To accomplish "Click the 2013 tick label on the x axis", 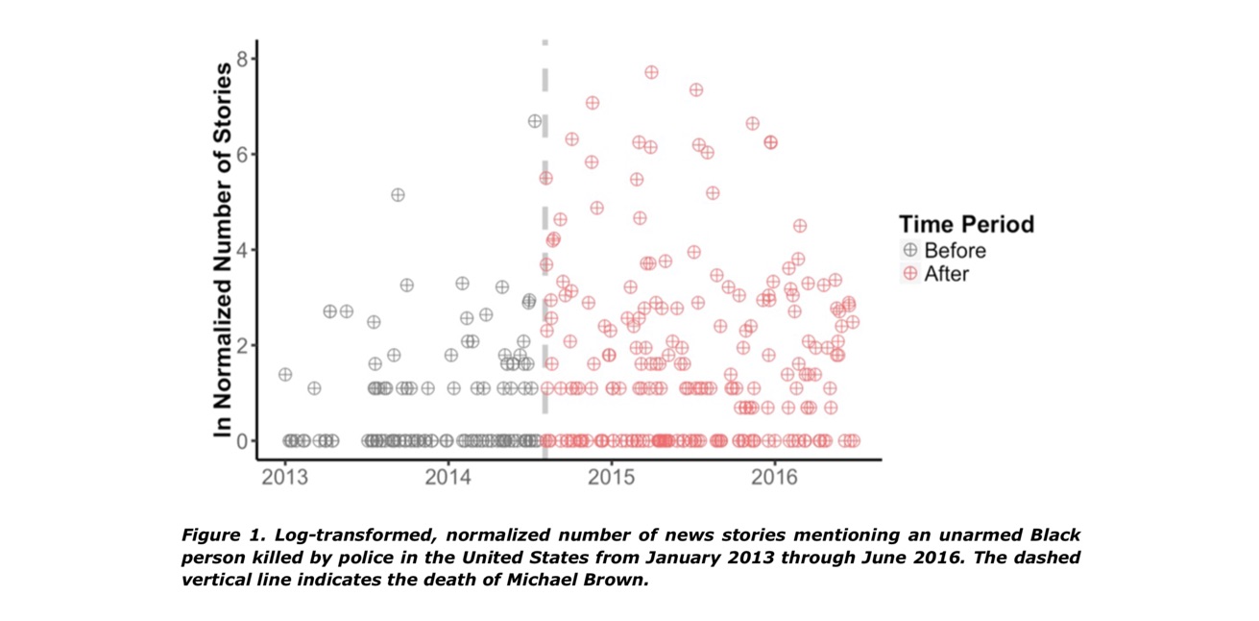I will pyautogui.click(x=285, y=477).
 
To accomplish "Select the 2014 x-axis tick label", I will pyautogui.click(x=448, y=477).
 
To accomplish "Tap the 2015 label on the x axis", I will pyautogui.click(x=612, y=477).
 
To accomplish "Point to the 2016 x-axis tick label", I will pyautogui.click(x=775, y=477).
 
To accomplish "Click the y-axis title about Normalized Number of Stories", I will pyautogui.click(x=223, y=250).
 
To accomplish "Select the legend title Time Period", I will pyautogui.click(x=966, y=225).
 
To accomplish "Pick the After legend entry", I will pyautogui.click(x=946, y=274).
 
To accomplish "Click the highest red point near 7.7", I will pyautogui.click(x=651, y=72).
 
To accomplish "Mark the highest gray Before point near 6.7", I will pyautogui.click(x=535, y=121).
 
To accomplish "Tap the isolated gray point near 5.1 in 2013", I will pyautogui.click(x=398, y=195).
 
